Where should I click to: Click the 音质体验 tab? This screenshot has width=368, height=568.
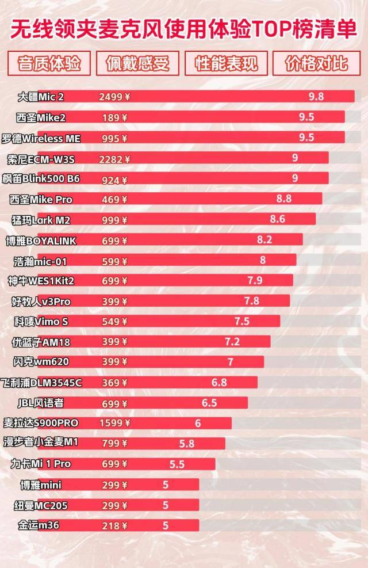click(x=49, y=64)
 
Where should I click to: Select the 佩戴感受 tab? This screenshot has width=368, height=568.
click(x=138, y=64)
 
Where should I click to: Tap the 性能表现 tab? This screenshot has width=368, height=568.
click(x=227, y=64)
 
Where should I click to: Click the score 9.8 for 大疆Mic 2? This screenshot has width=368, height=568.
click(x=316, y=97)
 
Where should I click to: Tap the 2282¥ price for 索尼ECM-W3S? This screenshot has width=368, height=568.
click(x=114, y=159)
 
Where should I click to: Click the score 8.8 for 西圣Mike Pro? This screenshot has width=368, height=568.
click(x=284, y=199)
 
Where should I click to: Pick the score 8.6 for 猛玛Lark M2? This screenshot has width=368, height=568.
click(x=277, y=219)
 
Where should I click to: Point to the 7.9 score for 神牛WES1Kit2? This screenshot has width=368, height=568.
click(x=255, y=280)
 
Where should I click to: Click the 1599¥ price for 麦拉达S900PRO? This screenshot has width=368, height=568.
click(x=114, y=423)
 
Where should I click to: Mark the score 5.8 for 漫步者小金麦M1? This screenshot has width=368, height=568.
click(x=187, y=444)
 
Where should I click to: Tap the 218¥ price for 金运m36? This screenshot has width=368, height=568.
click(x=114, y=525)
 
